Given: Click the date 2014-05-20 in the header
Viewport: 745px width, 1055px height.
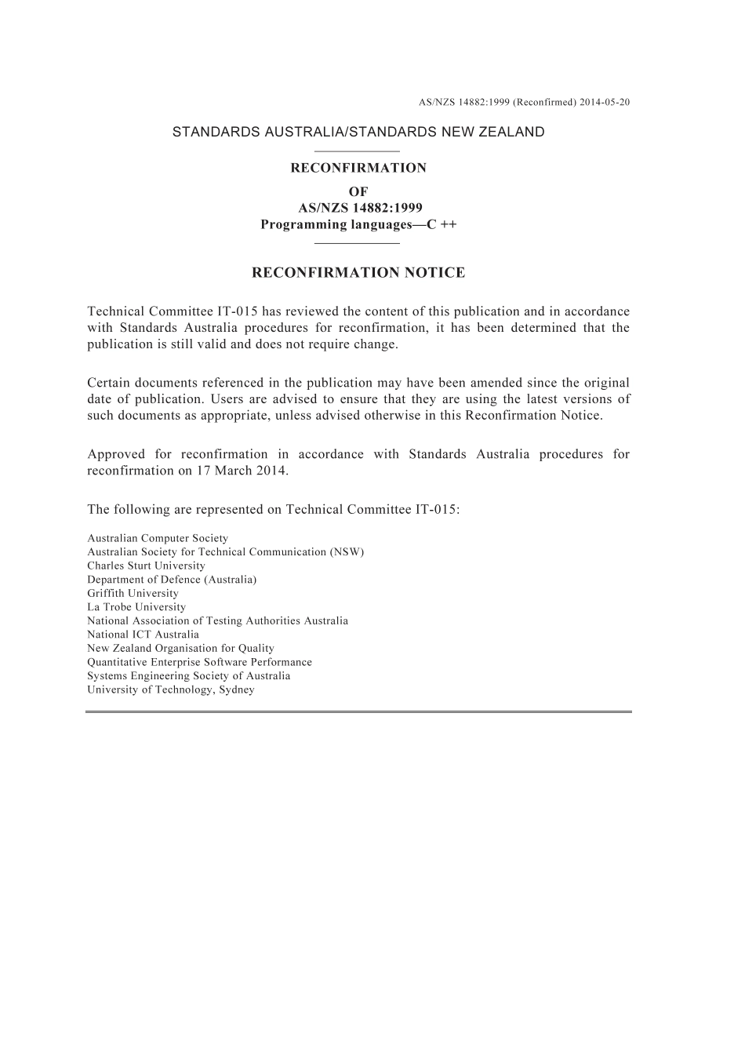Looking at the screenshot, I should coord(605,102).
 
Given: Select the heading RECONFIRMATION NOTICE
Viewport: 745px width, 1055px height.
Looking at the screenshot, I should coord(358,273).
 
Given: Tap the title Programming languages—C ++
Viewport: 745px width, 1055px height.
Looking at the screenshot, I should coord(358,225).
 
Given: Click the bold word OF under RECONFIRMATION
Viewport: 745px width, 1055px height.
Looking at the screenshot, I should coord(358,191).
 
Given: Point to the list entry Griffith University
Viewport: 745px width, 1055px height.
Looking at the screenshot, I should coord(133,594).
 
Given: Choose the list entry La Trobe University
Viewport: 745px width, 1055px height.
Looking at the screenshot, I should coord(136,607).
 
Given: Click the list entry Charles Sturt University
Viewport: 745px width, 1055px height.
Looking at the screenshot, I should coord(146,566).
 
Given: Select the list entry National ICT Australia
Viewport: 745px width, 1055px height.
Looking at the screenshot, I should coord(143,635).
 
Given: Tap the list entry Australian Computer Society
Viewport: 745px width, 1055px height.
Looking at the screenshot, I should coord(158,538).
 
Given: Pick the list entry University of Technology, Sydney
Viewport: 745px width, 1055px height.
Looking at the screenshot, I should coord(171,689).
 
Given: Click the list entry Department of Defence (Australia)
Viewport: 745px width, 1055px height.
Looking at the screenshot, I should coord(172,580).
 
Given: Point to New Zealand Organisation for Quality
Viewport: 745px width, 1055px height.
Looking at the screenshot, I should coord(180,649).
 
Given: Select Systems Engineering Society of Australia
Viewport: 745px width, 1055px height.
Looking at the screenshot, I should coord(188,676).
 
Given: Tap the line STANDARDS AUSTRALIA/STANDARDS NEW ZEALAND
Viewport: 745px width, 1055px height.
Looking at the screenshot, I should coord(358,132).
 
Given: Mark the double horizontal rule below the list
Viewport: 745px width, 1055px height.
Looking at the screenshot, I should coord(358,711).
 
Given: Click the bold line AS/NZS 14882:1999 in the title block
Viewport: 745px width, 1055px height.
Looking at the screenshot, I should coord(360,208).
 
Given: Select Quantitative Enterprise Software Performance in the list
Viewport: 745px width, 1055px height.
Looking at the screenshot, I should coord(199,662).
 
